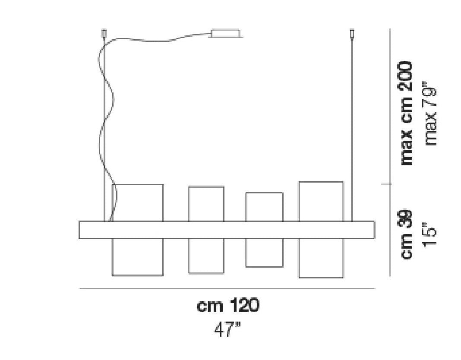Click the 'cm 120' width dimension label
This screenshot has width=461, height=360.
pos(228,306)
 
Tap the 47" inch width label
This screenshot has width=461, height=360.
pos(227,329)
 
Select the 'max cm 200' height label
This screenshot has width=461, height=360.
pos(407,113)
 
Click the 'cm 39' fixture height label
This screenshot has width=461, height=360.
pos(407,234)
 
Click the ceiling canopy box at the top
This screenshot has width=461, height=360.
pos(226,33)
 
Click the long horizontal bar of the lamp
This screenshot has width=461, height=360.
pos(227,230)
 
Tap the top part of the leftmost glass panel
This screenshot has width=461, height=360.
pos(138,202)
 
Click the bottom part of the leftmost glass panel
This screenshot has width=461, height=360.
pos(138,257)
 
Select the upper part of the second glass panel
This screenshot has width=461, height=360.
pos(206,204)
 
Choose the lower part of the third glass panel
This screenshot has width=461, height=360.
pos(264,253)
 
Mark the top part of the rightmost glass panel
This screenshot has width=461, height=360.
pos(321,202)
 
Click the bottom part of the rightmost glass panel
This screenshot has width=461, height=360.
pos(321,258)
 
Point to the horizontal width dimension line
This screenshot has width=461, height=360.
pos(227,288)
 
